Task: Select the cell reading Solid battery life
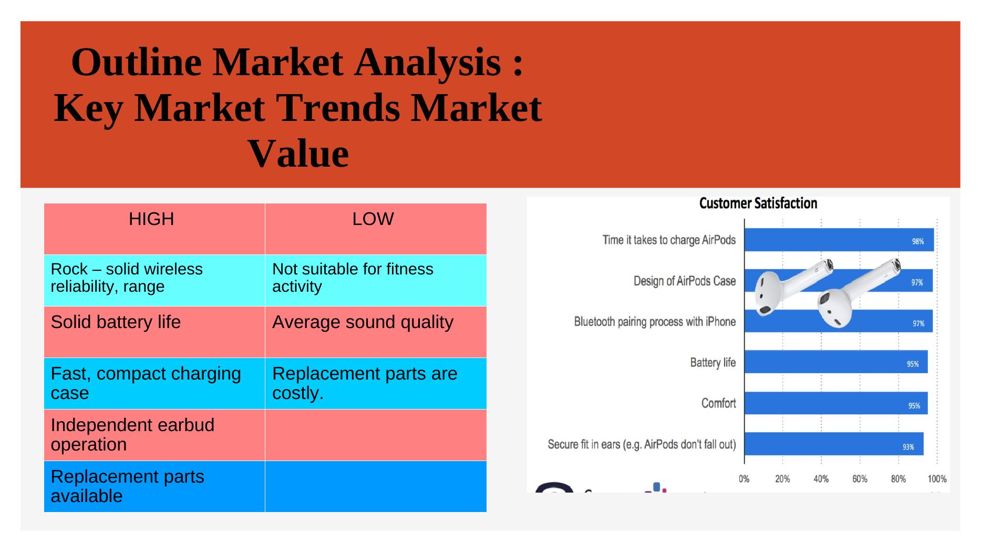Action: pyautogui.click(x=154, y=332)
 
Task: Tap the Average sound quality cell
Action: pyautogui.click(x=376, y=332)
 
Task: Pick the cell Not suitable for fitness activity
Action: pyautogui.click(x=376, y=280)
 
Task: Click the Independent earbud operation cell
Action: pyautogui.click(x=154, y=435)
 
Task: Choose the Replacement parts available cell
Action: pyautogui.click(x=154, y=486)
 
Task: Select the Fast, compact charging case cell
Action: pyautogui.click(x=154, y=383)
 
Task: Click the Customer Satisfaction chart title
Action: pyautogui.click(x=758, y=203)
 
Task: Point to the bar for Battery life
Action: pyautogui.click(x=836, y=362)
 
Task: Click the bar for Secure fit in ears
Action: pyautogui.click(x=834, y=444)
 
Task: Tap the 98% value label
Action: pyautogui.click(x=917, y=242)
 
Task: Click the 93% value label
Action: pyautogui.click(x=908, y=447)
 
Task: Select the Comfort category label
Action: pyautogui.click(x=718, y=403)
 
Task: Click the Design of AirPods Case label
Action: pyautogui.click(x=685, y=281)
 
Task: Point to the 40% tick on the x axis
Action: pyautogui.click(x=821, y=479)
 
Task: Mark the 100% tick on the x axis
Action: pyautogui.click(x=937, y=479)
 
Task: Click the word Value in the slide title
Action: pyautogui.click(x=298, y=154)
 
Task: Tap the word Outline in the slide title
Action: pyautogui.click(x=136, y=62)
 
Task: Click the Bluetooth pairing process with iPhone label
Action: pyautogui.click(x=655, y=322)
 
